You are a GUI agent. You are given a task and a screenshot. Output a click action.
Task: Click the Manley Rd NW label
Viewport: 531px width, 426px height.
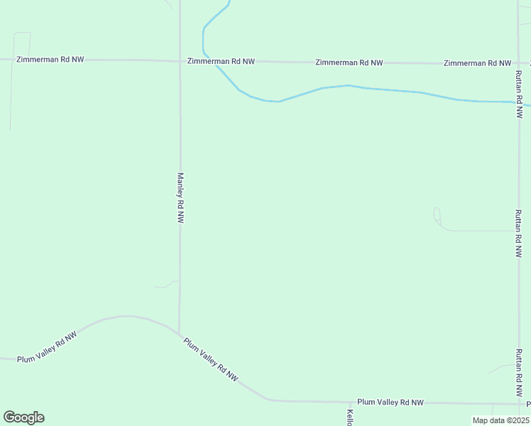180,198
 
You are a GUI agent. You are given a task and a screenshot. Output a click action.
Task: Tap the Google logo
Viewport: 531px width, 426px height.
23,417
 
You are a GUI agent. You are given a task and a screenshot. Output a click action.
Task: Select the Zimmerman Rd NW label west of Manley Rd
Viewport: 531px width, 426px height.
49,59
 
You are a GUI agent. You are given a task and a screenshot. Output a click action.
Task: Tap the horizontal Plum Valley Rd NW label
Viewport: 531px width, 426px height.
390,402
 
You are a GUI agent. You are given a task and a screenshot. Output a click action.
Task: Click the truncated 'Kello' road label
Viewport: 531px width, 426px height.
350,417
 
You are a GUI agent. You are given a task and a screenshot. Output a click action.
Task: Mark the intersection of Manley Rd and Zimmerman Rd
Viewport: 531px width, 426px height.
180,61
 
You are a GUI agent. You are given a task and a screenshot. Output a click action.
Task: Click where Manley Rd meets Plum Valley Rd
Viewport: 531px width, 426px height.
179,333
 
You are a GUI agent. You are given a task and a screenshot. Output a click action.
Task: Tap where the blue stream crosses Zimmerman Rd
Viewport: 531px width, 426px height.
212,61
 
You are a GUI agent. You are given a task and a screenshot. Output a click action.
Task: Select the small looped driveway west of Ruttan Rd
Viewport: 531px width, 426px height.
437,217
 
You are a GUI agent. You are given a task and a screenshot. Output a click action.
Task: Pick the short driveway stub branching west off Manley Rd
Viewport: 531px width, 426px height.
167,285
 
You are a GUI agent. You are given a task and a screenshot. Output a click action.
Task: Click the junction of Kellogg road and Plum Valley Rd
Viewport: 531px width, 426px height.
349,403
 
